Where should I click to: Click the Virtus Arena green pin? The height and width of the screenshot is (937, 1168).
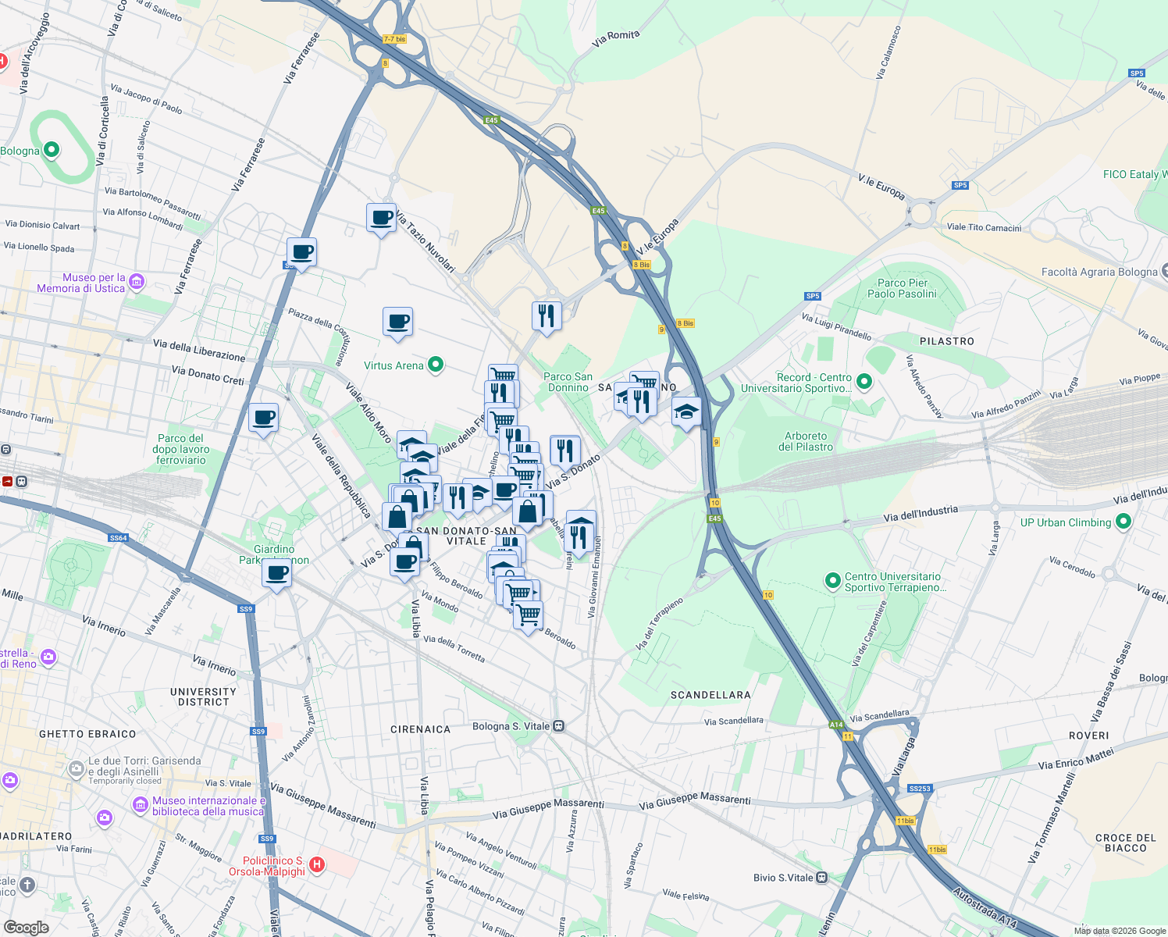point(436,365)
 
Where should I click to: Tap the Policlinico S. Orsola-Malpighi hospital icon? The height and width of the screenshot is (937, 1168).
point(317,864)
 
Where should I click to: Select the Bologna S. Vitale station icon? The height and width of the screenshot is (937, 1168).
point(559,726)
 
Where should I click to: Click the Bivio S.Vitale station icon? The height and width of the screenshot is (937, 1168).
point(821,878)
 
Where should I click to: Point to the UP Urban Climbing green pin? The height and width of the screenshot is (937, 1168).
point(1123,522)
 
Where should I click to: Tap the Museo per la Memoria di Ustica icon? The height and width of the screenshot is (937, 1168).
point(137,282)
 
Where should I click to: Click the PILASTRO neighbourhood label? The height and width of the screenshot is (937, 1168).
point(946,341)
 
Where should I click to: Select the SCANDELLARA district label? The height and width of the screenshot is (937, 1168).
point(710,695)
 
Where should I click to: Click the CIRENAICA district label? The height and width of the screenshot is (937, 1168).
point(420,729)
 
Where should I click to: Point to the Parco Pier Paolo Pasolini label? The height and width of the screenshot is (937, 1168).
point(902,288)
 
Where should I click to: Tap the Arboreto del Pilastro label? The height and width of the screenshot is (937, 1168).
point(805,442)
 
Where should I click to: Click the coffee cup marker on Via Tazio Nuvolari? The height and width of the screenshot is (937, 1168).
point(381,218)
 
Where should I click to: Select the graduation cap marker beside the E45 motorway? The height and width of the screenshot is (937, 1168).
point(685,411)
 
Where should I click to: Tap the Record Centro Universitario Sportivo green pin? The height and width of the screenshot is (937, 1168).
point(864,381)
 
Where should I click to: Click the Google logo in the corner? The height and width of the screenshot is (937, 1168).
point(27,927)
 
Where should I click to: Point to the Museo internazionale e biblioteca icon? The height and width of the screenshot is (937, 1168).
point(141,803)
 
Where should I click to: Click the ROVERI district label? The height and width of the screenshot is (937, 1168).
point(1088,736)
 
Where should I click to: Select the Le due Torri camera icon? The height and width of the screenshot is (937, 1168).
point(77,768)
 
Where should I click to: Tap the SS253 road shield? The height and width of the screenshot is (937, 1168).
point(920,789)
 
